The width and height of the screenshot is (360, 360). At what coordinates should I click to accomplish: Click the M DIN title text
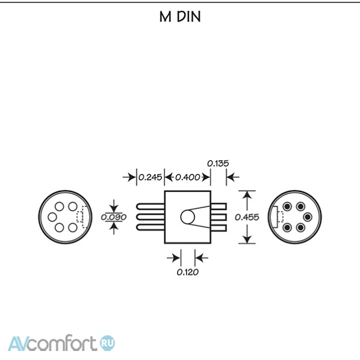point(180,16)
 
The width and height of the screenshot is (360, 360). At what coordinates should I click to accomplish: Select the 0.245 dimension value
point(151,177)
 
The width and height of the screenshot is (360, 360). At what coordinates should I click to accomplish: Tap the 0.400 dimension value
point(188,177)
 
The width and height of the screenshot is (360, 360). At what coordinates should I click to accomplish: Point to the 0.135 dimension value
point(218,164)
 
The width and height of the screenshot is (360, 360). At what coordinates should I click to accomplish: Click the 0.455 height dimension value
point(247,217)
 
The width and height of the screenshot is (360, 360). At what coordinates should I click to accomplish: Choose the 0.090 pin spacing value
point(114,217)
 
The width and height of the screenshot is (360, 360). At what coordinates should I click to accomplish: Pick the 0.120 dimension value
point(188,272)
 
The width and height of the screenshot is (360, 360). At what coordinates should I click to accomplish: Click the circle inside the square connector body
point(188,217)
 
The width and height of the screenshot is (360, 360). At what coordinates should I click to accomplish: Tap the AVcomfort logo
point(61,343)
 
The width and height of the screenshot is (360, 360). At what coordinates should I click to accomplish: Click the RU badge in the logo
point(108,343)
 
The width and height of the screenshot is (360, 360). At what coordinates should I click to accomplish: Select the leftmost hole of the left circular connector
point(52,217)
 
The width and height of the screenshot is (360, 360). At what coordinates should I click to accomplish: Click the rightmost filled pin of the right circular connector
point(308,217)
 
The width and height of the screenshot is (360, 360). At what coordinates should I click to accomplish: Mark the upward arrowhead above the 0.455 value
point(247,195)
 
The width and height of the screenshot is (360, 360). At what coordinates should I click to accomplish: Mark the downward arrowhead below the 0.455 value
point(247,239)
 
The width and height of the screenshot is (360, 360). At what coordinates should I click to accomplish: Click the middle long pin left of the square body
point(151,217)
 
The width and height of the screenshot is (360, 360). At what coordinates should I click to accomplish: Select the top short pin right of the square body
point(219,206)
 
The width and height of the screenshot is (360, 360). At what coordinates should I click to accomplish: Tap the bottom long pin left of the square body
point(151,228)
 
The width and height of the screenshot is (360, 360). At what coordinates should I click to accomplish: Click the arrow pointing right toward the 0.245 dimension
point(129,177)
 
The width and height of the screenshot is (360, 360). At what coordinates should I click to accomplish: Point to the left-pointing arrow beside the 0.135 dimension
point(233,177)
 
